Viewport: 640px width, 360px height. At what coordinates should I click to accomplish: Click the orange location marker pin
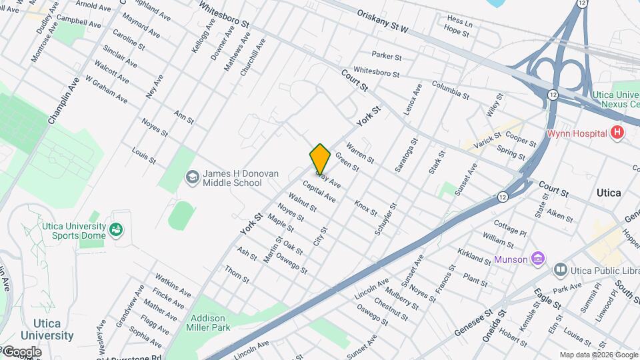320,159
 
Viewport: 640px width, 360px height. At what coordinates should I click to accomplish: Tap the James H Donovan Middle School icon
193,177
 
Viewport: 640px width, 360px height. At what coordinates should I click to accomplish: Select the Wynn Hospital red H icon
617,133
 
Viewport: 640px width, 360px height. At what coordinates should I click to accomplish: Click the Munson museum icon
539,258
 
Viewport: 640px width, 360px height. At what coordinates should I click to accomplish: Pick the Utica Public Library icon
560,270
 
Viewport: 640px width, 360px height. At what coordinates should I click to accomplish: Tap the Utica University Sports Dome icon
117,230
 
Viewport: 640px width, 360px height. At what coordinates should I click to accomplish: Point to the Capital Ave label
319,191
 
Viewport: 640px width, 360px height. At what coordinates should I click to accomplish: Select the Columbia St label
451,89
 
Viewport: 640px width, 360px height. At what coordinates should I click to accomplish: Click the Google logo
21,352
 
